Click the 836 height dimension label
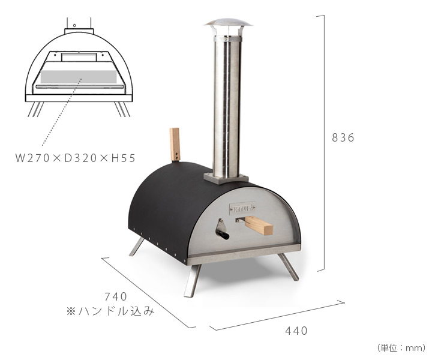click(x=343, y=137)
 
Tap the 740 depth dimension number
click(x=116, y=296)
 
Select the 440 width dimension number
click(x=296, y=331)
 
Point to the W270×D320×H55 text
click(x=76, y=158)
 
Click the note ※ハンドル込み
click(x=110, y=311)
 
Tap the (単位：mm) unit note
click(x=401, y=348)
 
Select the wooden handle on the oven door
click(x=258, y=225)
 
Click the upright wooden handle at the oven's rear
click(x=175, y=145)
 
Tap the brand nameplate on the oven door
click(x=242, y=209)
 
